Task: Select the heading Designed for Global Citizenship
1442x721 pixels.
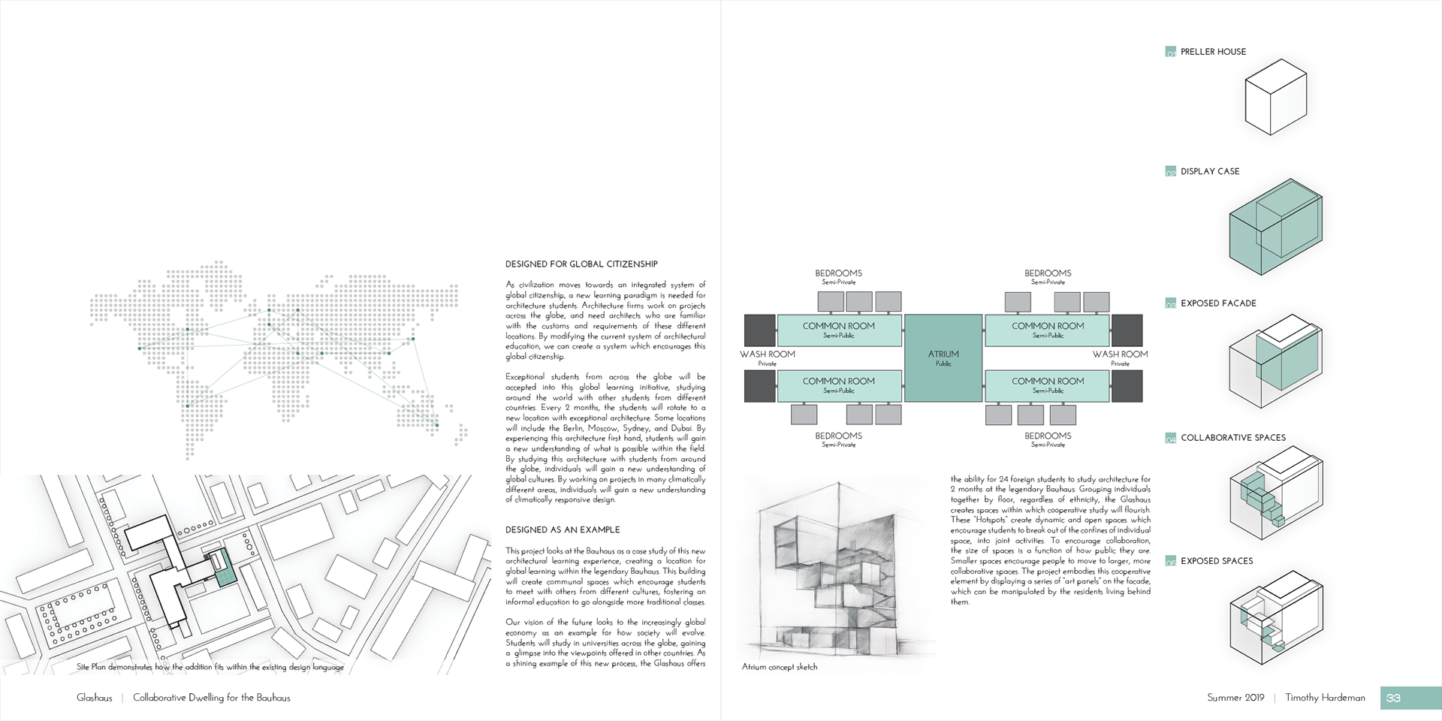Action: point(581,264)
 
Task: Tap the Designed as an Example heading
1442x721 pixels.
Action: point(563,530)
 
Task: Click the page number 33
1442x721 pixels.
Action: point(1394,698)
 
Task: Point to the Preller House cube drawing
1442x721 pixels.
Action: point(1276,98)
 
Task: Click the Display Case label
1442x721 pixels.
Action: point(1210,171)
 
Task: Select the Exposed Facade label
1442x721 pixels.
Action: point(1218,303)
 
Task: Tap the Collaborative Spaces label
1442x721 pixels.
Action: point(1232,438)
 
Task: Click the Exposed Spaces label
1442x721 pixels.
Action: point(1217,561)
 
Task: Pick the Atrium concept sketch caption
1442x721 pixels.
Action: point(780,667)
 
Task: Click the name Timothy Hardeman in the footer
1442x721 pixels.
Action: point(1325,698)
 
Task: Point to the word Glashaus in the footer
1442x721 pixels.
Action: point(95,698)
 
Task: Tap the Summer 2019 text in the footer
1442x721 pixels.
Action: point(1235,698)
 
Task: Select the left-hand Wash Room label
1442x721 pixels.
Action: point(767,354)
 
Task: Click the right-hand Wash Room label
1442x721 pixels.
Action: point(1120,354)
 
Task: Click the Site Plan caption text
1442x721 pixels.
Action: point(210,667)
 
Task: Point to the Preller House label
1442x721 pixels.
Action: point(1213,52)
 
